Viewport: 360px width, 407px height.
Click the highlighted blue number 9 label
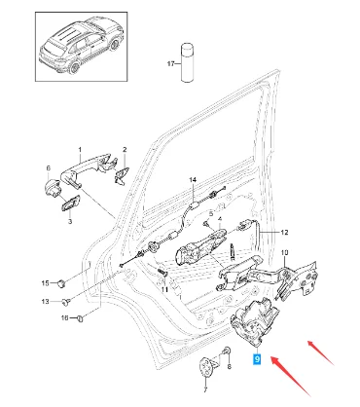click(257, 359)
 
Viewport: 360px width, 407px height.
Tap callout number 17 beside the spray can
click(171, 63)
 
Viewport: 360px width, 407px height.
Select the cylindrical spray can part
click(187, 62)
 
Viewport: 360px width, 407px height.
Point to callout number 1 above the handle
click(80, 149)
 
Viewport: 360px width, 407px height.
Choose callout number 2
click(125, 150)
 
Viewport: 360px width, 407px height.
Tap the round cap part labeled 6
click(53, 188)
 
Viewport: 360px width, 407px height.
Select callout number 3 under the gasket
click(70, 222)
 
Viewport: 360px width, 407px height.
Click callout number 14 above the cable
click(193, 179)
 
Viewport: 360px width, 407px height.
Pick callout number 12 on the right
click(284, 233)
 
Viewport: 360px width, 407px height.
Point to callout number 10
click(284, 252)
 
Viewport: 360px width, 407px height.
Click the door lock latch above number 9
click(255, 321)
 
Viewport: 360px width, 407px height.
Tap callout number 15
click(46, 283)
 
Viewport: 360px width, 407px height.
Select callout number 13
click(46, 302)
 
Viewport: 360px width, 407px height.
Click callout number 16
click(65, 317)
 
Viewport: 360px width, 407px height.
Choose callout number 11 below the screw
click(164, 289)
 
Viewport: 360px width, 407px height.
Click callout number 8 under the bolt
click(230, 367)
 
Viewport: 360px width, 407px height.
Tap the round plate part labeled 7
click(206, 368)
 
